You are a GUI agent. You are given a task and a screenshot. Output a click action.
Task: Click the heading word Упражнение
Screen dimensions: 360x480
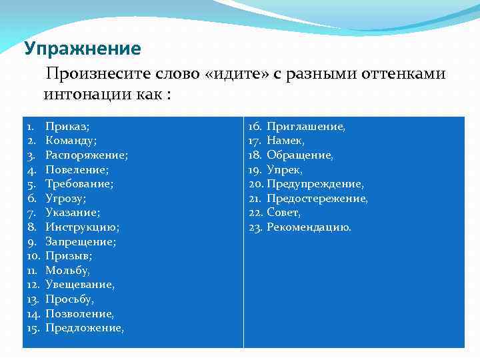click(83, 49)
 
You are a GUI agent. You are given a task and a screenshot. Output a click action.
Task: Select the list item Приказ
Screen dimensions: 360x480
click(68, 126)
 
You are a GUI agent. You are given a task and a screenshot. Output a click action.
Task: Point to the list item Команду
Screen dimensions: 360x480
click(71, 141)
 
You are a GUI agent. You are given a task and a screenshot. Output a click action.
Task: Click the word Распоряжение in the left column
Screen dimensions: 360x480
click(87, 155)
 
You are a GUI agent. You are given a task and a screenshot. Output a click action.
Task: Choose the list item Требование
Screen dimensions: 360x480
click(79, 183)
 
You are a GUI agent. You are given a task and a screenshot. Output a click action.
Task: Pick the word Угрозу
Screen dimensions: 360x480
click(66, 198)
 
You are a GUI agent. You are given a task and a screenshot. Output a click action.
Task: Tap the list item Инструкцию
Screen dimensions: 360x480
click(83, 227)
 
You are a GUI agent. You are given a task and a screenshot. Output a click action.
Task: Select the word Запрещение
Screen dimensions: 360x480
click(81, 241)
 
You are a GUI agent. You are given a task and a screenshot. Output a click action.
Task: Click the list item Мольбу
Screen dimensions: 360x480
click(67, 270)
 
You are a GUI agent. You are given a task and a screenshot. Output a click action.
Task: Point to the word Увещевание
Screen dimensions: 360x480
click(80, 285)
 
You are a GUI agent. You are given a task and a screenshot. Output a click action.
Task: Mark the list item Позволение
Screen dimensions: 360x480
click(80, 313)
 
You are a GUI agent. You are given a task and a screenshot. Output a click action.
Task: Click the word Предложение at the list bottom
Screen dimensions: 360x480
click(85, 328)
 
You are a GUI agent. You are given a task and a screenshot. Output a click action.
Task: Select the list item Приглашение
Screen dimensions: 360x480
click(306, 126)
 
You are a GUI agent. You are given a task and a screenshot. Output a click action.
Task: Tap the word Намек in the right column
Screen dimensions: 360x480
click(285, 141)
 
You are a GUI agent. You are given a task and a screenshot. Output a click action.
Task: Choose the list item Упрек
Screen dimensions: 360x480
click(285, 169)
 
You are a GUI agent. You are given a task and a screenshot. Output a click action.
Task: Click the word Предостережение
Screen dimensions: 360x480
click(317, 198)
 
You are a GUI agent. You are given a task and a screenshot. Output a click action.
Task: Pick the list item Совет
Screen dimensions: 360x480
click(284, 213)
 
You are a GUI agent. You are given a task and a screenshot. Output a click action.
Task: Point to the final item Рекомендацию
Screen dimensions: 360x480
click(309, 227)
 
